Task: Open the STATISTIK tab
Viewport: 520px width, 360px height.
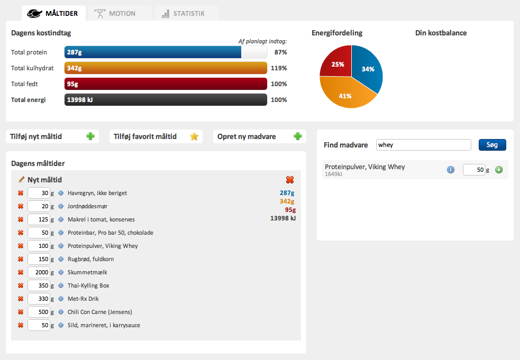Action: pyautogui.click(x=186, y=13)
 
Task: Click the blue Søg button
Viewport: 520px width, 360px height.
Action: pyautogui.click(x=492, y=145)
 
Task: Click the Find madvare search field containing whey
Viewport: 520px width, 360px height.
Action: pyautogui.click(x=424, y=145)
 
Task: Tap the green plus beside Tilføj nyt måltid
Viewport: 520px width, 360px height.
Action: pyautogui.click(x=90, y=136)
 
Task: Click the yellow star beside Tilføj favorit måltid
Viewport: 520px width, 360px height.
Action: pyautogui.click(x=194, y=136)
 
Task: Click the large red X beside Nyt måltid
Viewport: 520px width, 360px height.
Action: pyautogui.click(x=290, y=180)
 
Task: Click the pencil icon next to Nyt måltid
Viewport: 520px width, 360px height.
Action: pyautogui.click(x=21, y=180)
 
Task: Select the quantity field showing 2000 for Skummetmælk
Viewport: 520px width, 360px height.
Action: pyautogui.click(x=39, y=272)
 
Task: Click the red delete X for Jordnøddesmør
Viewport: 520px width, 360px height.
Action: pyautogui.click(x=21, y=206)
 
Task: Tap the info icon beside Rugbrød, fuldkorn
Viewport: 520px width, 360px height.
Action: pyautogui.click(x=61, y=259)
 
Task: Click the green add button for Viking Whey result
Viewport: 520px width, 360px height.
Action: pyautogui.click(x=499, y=170)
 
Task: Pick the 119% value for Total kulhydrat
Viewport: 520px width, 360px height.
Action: pyautogui.click(x=279, y=68)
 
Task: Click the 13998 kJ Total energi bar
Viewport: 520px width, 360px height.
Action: pyautogui.click(x=166, y=100)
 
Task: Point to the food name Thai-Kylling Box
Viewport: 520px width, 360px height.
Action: pyautogui.click(x=88, y=285)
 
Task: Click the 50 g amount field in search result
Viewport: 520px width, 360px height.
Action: pyautogui.click(x=474, y=170)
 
